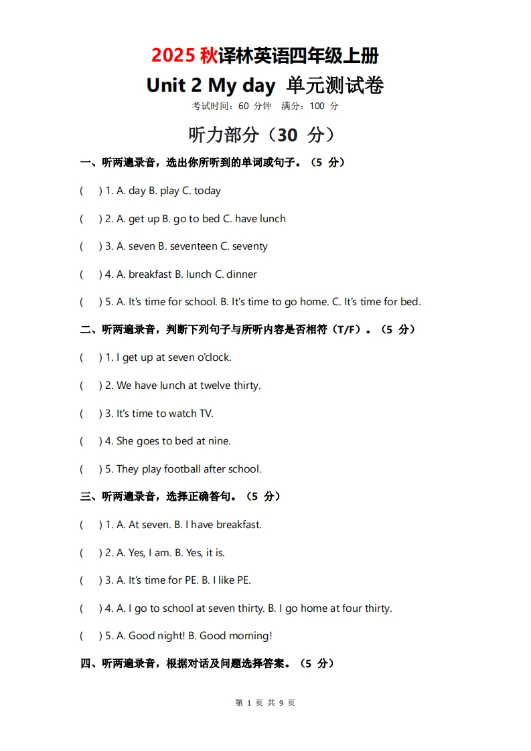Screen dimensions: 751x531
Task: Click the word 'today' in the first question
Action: tap(208, 191)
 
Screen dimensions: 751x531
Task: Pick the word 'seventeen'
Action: tap(194, 246)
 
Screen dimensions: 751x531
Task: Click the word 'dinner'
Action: tap(242, 274)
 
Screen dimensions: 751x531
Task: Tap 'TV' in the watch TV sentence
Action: tap(206, 414)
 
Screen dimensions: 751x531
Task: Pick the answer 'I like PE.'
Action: tap(232, 580)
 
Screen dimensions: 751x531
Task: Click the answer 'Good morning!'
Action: tap(236, 636)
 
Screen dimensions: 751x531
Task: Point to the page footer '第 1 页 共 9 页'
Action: tap(265, 703)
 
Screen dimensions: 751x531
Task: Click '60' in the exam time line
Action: tap(243, 106)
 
